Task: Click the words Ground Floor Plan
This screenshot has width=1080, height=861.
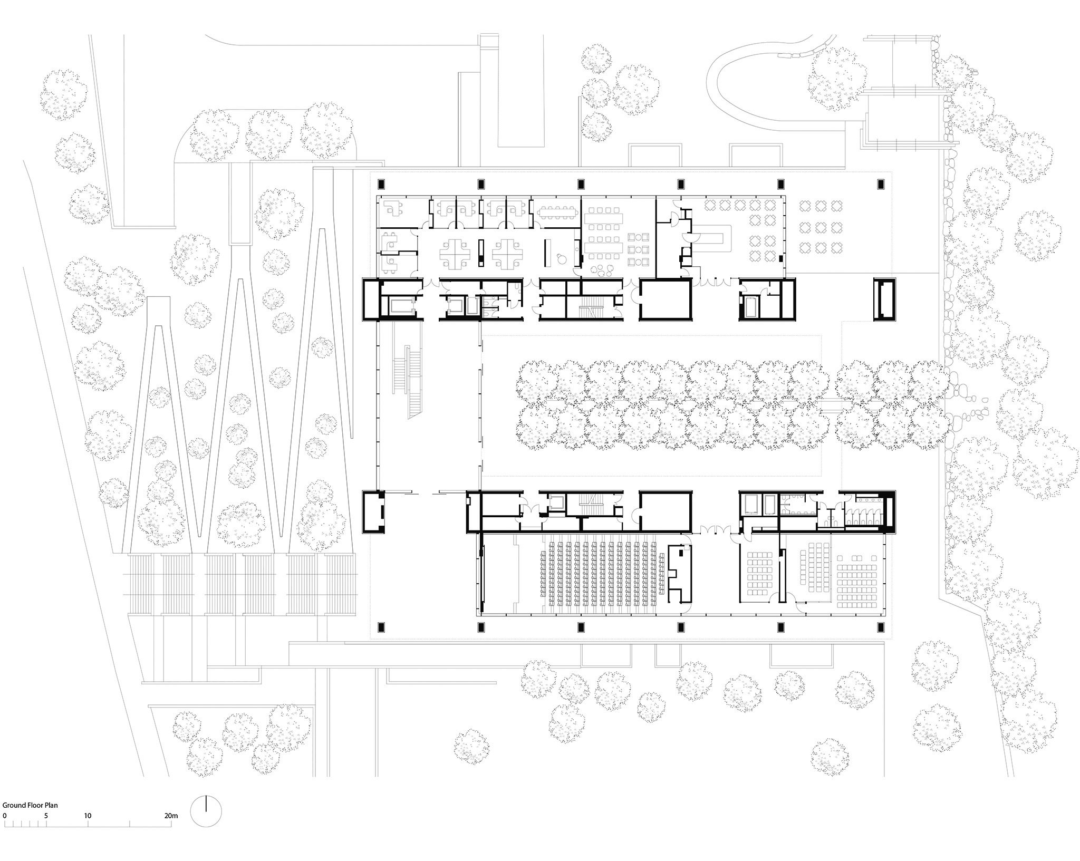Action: (30, 805)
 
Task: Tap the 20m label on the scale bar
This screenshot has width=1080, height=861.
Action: (171, 816)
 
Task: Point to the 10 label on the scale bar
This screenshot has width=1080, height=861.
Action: (88, 816)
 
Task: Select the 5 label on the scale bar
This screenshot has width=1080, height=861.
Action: (46, 816)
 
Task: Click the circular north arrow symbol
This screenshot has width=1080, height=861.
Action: (206, 811)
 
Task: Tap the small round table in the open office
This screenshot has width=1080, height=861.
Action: (561, 257)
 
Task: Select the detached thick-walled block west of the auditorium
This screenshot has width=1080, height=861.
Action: (374, 512)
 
